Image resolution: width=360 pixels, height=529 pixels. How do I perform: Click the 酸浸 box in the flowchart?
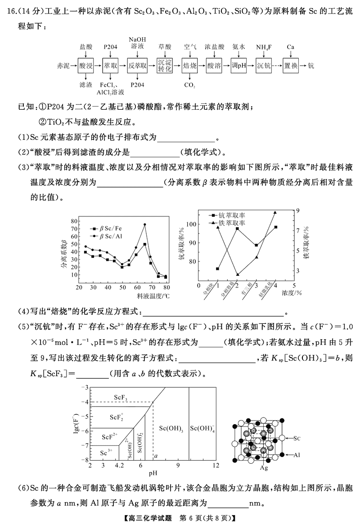click(85, 66)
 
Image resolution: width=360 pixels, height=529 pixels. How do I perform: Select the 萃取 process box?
click(111, 66)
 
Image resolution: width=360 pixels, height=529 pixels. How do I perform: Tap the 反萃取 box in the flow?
click(137, 66)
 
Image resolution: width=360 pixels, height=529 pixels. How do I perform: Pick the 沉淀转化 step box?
click(165, 66)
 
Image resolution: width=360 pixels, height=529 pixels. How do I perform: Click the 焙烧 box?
click(190, 66)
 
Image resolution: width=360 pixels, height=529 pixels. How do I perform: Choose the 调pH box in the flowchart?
click(239, 66)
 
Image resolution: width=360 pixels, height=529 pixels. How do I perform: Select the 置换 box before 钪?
click(291, 66)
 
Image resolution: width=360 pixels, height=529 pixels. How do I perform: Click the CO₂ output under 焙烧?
click(190, 85)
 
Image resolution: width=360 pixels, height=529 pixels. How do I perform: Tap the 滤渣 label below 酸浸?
click(85, 85)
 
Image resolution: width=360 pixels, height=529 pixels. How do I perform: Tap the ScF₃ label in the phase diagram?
click(121, 398)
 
